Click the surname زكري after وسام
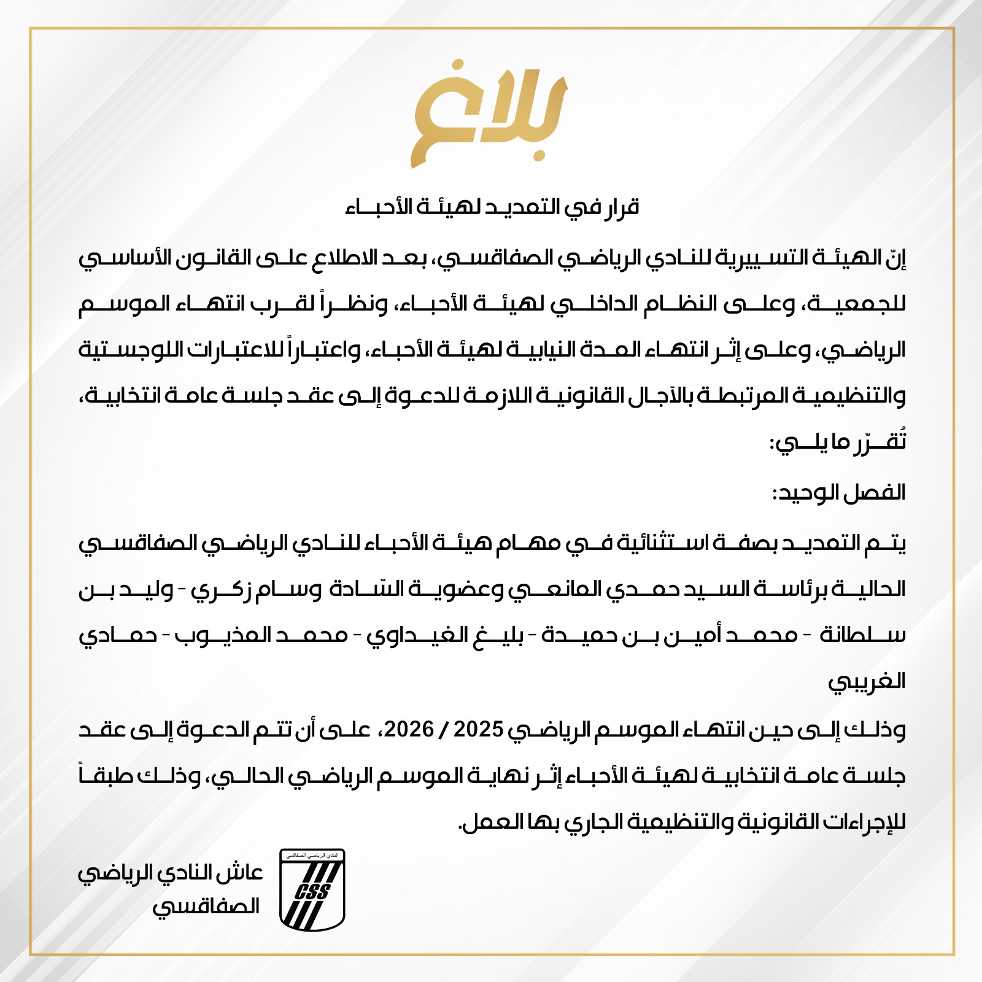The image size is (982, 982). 216,589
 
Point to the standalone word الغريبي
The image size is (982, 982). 867,681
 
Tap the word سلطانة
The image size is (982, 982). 862,635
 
